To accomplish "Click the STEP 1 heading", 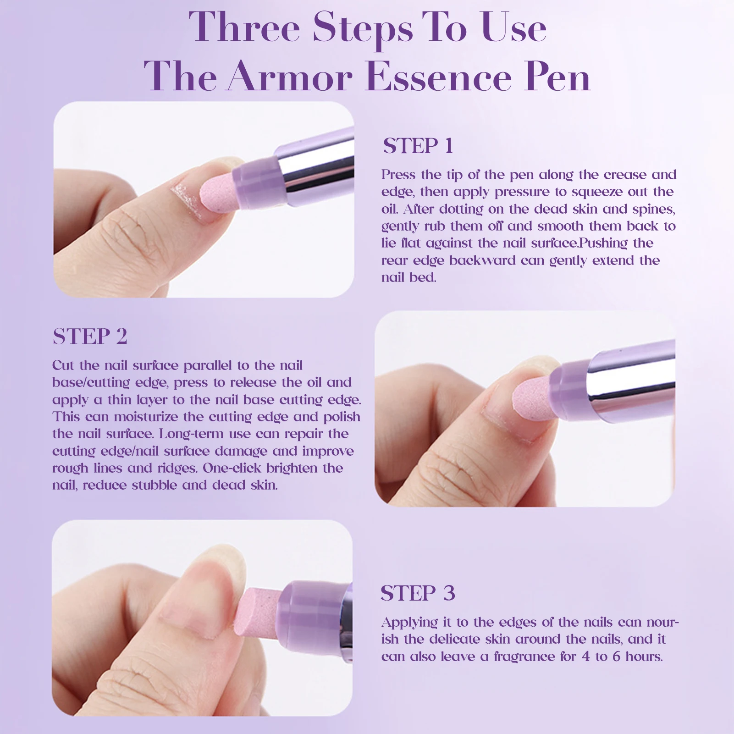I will pos(418,146).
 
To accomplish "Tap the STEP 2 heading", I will pos(90,337).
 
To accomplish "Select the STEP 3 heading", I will pos(418,593).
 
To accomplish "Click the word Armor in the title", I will pos(290,77).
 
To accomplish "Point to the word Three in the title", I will pos(244,28).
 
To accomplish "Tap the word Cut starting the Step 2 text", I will pos(63,365).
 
